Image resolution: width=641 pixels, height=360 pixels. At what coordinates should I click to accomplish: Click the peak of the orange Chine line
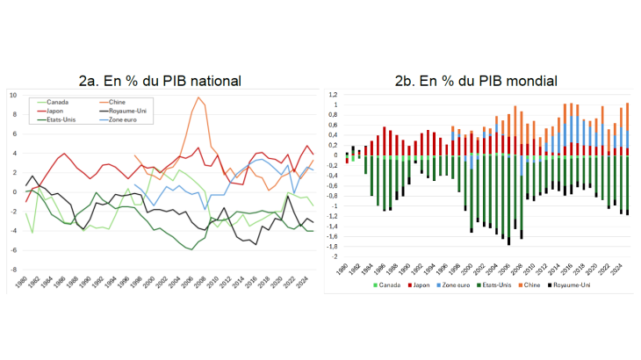(x=199, y=97)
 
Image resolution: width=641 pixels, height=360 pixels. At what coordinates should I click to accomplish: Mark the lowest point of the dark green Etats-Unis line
(x=191, y=249)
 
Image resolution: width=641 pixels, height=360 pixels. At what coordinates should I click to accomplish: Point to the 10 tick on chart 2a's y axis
(x=12, y=95)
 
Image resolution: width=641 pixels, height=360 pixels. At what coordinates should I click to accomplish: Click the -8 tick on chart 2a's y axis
(x=12, y=270)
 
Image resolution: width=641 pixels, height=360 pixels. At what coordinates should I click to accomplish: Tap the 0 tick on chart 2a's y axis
(x=14, y=191)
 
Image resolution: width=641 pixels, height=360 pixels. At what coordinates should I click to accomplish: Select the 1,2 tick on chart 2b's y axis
(x=332, y=95)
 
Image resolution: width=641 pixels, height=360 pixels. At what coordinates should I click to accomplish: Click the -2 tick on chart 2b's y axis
(x=334, y=256)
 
